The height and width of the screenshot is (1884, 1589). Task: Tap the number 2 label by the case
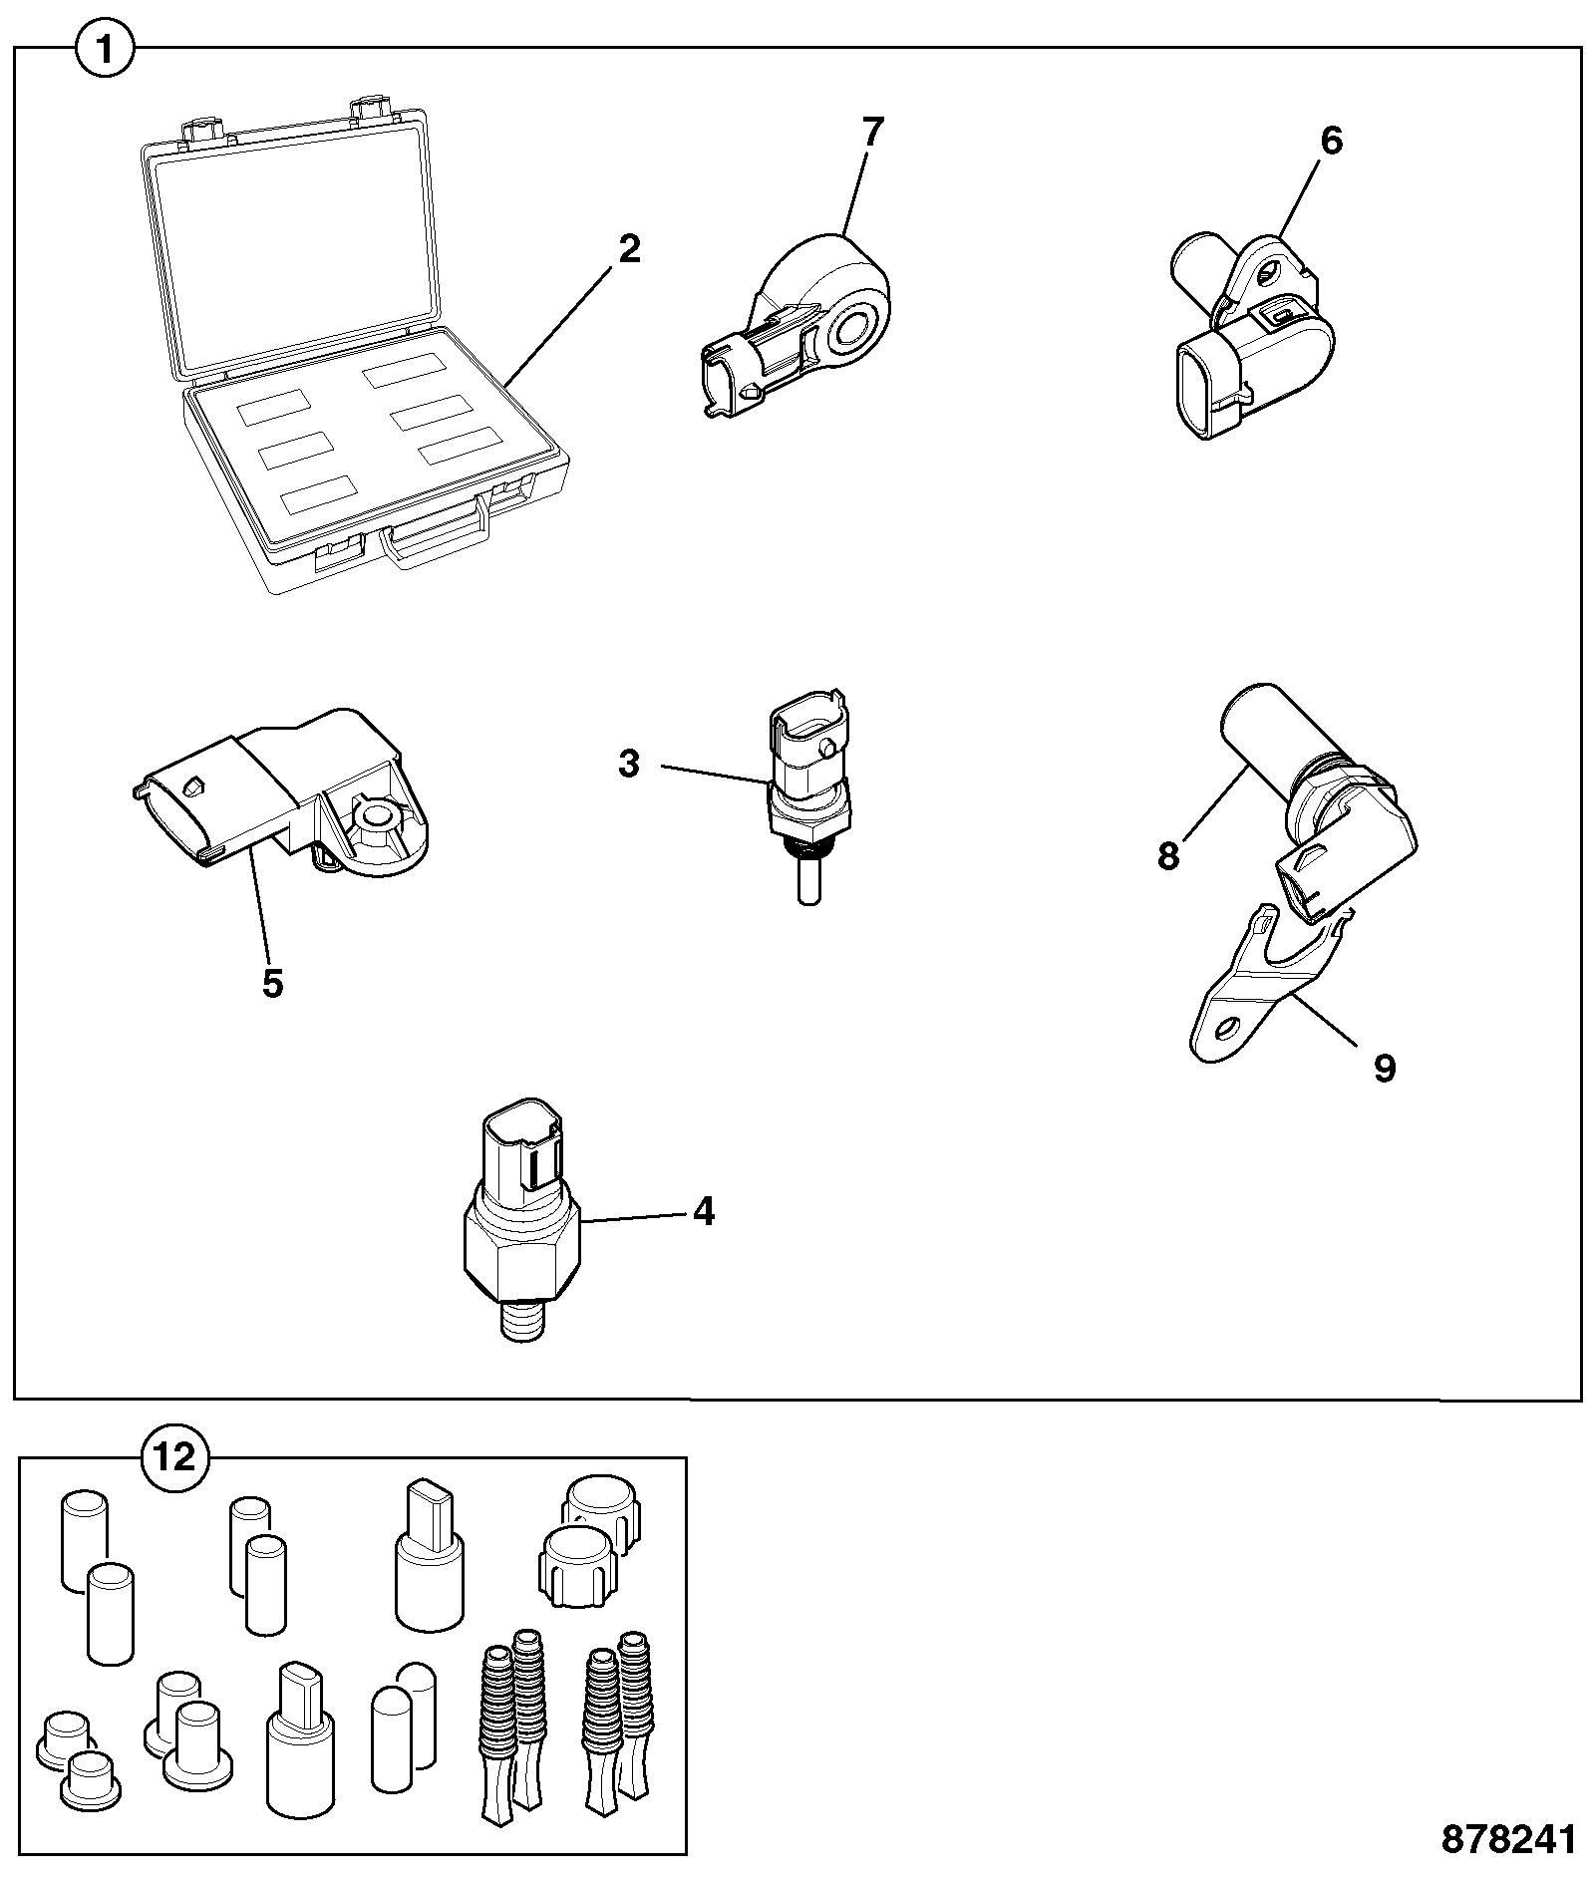[x=629, y=249]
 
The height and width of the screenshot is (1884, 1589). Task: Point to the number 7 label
[x=873, y=133]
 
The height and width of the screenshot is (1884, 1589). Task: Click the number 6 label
[x=1331, y=142]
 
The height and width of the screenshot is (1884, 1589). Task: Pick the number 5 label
[x=272, y=983]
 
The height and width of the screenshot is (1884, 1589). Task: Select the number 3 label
[x=628, y=765]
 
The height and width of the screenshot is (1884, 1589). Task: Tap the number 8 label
[x=1168, y=855]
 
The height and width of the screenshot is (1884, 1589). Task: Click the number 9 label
[x=1384, y=1069]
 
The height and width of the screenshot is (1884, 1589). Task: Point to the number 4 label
[x=704, y=1212]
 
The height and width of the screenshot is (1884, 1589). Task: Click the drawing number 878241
[x=1509, y=1839]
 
